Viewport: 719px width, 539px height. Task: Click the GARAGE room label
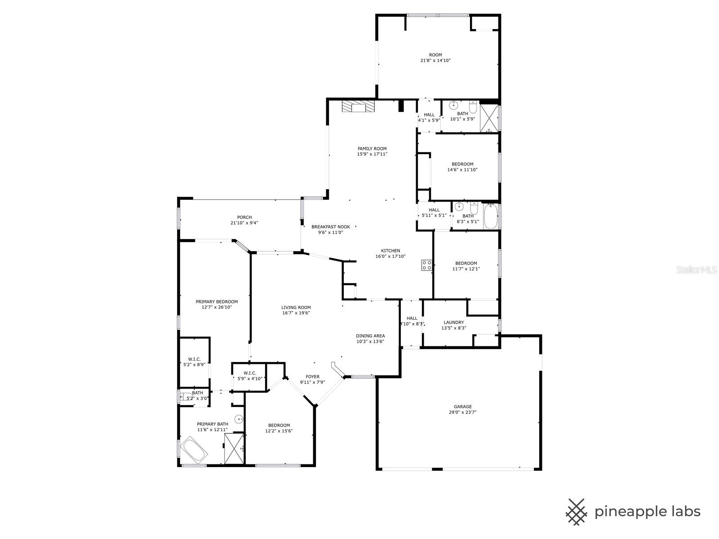click(462, 407)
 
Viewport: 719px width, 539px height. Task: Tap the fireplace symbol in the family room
click(358, 106)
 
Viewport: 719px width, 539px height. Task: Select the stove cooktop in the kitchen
click(426, 265)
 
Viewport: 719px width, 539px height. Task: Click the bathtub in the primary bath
click(194, 451)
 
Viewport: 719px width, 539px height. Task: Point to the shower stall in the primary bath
click(234, 448)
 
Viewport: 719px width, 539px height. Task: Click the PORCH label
click(244, 217)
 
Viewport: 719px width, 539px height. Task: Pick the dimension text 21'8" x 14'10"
click(435, 61)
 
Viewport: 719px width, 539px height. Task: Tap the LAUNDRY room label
click(454, 323)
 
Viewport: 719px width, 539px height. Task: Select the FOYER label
click(312, 377)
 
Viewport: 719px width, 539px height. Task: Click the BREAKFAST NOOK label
click(330, 227)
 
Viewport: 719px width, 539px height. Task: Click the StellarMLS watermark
click(697, 269)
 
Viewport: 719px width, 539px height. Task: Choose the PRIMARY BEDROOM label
click(217, 302)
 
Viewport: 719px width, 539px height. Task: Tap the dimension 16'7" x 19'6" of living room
click(296, 313)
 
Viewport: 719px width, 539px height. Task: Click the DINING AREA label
click(370, 336)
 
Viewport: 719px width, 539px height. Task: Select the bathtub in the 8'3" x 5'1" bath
click(491, 216)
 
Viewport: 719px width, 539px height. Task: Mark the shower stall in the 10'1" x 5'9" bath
click(489, 118)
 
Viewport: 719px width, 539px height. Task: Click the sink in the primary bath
click(240, 419)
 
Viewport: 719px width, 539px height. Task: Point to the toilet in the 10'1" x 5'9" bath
click(473, 107)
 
